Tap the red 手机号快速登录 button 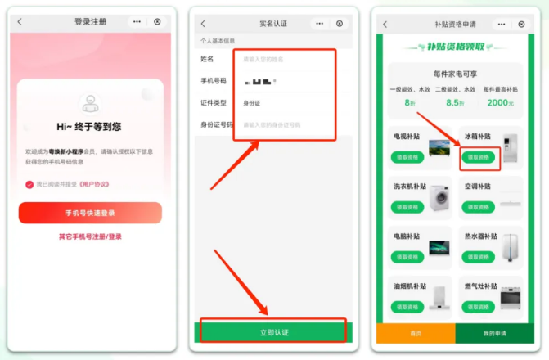point(90,213)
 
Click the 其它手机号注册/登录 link point(90,237)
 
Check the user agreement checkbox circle point(29,185)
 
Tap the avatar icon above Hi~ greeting point(90,103)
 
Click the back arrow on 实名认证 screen point(203,24)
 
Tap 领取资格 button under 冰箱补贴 point(478,157)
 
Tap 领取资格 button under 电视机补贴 point(409,157)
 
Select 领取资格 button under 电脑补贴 point(409,258)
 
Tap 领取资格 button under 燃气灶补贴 point(478,308)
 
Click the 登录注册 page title point(90,22)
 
